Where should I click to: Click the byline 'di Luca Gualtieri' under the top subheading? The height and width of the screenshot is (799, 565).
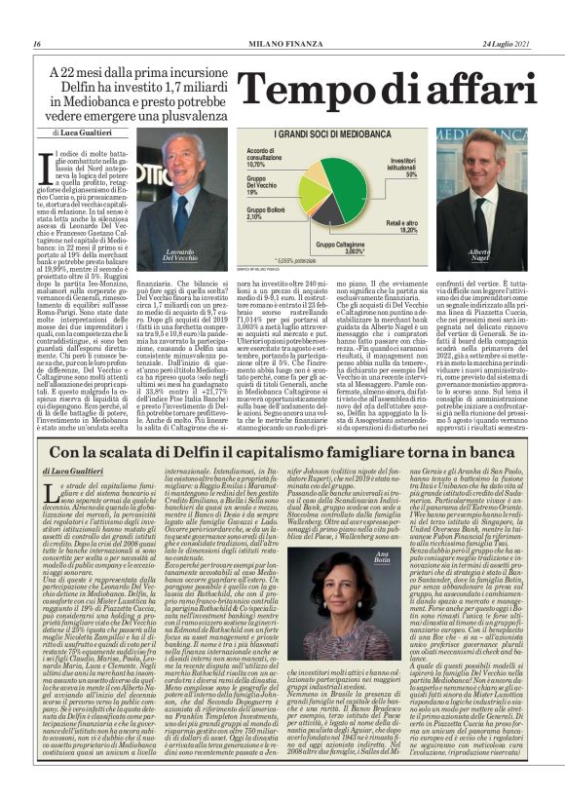click(x=87, y=131)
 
